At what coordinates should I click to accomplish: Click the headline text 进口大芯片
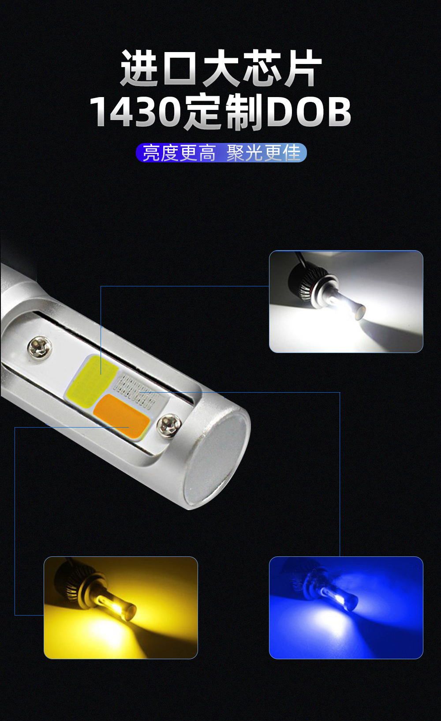[220, 68]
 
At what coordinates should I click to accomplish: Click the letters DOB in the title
[308, 112]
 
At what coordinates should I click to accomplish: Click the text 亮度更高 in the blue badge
[179, 153]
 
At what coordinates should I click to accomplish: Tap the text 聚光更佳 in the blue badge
[263, 153]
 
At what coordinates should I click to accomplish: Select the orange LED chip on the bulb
[122, 414]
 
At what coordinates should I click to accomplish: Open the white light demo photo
[346, 302]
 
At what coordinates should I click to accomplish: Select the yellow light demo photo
[121, 608]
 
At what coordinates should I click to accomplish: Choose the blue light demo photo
[346, 608]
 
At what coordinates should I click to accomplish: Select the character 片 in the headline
[303, 68]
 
